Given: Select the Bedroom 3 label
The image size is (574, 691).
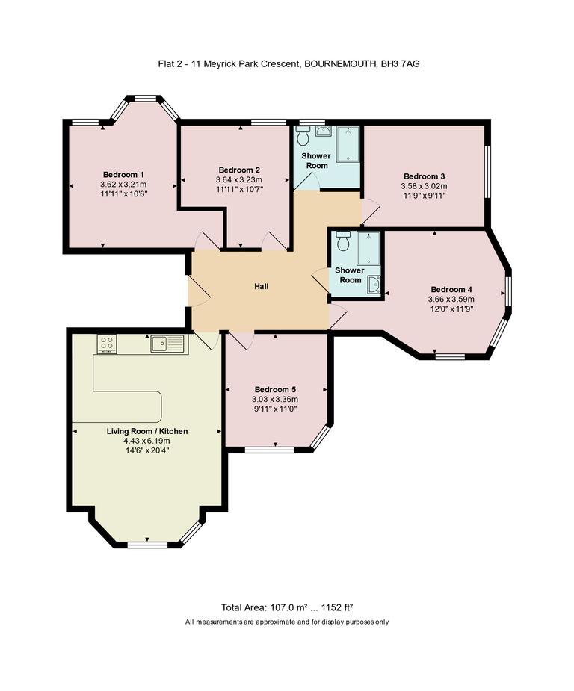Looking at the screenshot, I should pos(424,176).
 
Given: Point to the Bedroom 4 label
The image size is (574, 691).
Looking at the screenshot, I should pos(451,289).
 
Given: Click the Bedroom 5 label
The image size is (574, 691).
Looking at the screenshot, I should pos(275,389).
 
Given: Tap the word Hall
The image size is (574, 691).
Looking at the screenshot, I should pos(261,286).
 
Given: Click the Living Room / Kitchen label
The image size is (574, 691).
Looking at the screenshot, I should pos(146,431).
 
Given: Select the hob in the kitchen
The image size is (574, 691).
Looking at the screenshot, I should pos(106,344).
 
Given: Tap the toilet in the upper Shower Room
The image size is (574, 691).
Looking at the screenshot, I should pos(303,137).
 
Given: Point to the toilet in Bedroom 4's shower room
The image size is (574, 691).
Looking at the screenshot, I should pos(343,242).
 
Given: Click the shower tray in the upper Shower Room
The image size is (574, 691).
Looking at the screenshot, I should pos(348,143).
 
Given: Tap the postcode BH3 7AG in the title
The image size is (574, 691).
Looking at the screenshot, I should pos(400,65).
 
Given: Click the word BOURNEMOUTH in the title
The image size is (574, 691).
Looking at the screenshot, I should pos(340,65).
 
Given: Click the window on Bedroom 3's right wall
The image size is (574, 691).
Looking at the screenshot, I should pos(487,171).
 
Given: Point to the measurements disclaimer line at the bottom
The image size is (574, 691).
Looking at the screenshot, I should pos(287,622).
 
